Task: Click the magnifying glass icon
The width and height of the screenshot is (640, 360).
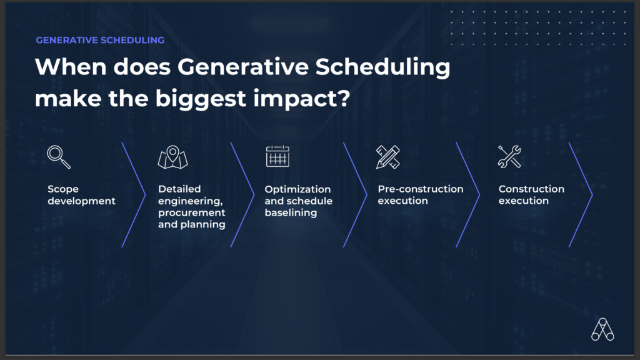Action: [x=59, y=157]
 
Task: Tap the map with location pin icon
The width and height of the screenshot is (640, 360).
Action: [x=172, y=157]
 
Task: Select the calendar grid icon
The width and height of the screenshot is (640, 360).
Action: [x=277, y=156]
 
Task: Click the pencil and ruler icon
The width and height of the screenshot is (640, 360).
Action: [x=387, y=157]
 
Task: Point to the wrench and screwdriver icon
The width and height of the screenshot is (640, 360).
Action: [x=509, y=157]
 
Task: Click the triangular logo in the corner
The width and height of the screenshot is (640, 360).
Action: [x=603, y=329]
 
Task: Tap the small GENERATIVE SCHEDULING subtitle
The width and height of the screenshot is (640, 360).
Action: [x=100, y=40]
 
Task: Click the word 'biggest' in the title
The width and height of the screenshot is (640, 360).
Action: [x=201, y=99]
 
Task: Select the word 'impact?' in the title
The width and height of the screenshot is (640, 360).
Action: [x=302, y=99]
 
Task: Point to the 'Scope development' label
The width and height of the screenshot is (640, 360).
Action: [x=81, y=195]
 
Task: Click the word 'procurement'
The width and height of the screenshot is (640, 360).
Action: [x=191, y=212]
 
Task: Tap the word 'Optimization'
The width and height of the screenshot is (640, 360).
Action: [x=297, y=189]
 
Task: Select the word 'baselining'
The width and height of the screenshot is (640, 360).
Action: [x=291, y=212]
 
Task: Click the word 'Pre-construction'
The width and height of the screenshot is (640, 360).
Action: [x=421, y=189]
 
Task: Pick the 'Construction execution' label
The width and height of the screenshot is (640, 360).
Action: [x=531, y=195]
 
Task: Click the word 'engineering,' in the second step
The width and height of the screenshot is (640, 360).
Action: [x=190, y=201]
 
